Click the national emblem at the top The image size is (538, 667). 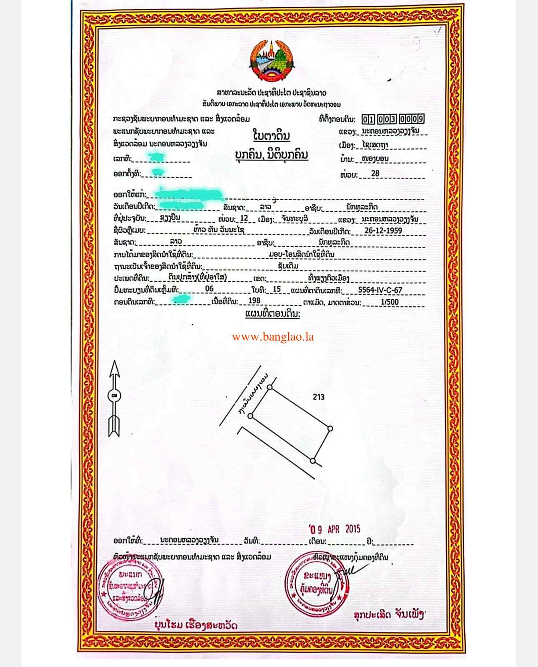(x=272, y=60)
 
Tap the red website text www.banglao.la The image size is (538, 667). (x=273, y=337)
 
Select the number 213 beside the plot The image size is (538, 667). (x=318, y=397)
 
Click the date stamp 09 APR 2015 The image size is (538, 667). (x=335, y=529)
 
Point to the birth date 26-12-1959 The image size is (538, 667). (x=383, y=231)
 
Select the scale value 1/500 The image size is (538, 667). (x=390, y=302)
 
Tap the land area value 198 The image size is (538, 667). (x=254, y=301)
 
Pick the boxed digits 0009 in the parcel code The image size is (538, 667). (x=411, y=120)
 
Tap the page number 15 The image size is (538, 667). (x=276, y=289)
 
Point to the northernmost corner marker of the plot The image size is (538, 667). (x=270, y=387)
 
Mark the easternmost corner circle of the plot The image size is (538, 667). (x=330, y=428)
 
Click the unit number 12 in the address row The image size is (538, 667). (x=244, y=218)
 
